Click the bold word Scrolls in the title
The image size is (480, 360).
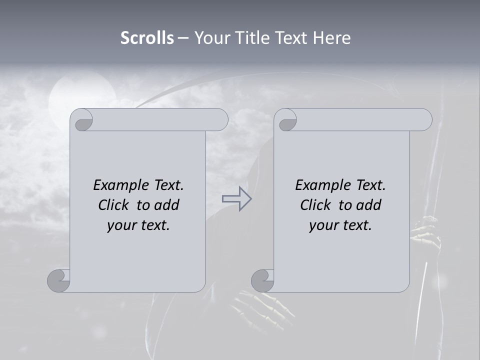click(x=147, y=38)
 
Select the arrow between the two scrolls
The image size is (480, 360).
click(x=236, y=198)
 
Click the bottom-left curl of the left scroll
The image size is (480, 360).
click(x=59, y=280)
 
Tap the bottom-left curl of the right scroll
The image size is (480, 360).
click(x=262, y=280)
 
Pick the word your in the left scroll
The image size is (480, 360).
click(x=121, y=225)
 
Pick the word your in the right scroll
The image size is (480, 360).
click(x=323, y=225)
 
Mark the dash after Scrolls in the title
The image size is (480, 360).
click(x=182, y=38)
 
